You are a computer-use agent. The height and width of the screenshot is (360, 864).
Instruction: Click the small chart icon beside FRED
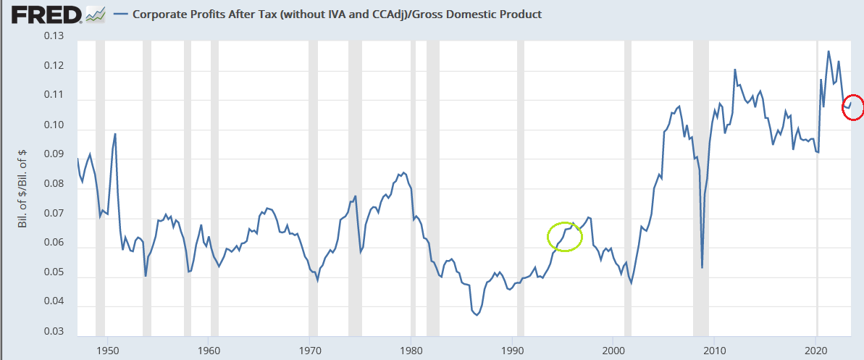click(x=95, y=14)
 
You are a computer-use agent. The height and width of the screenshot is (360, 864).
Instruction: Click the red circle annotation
click(x=852, y=107)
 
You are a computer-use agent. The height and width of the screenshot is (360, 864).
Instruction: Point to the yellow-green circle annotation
click(x=565, y=236)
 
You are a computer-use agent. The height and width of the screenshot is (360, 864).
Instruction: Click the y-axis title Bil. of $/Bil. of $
click(x=23, y=186)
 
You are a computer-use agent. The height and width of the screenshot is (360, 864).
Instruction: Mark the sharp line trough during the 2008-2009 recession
click(x=702, y=267)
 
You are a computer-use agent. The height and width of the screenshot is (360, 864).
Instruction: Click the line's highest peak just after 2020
click(x=829, y=51)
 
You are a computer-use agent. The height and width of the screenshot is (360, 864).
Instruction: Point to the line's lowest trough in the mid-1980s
click(x=477, y=315)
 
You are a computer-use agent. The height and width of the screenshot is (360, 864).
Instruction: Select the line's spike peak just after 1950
click(x=115, y=134)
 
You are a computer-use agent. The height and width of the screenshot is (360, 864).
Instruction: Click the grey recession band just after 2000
click(x=628, y=188)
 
